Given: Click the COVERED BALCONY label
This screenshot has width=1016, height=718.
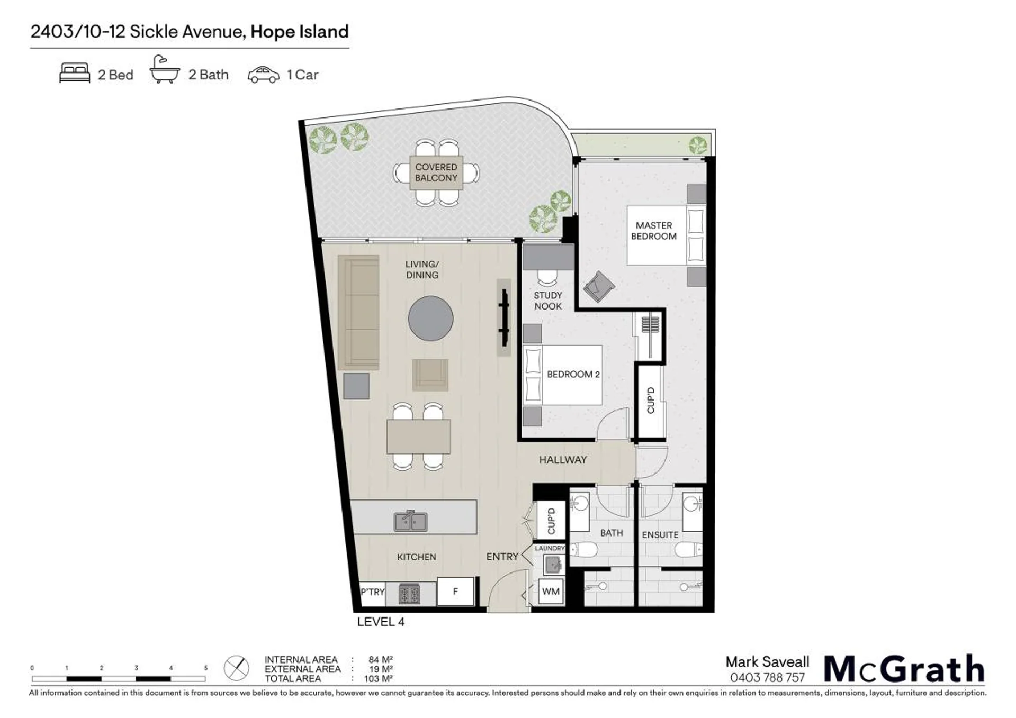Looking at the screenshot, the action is (436, 172).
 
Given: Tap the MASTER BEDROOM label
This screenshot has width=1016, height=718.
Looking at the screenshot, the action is (653, 231).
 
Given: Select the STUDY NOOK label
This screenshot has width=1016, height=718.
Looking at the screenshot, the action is (547, 301).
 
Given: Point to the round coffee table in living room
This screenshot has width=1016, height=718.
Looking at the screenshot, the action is (430, 319).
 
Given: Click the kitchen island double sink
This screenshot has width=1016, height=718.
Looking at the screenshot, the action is (411, 522).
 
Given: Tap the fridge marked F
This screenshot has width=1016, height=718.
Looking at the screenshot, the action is (455, 591).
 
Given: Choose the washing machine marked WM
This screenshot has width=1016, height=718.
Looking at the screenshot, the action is (551, 592).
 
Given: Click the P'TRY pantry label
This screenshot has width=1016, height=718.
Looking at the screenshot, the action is (373, 592).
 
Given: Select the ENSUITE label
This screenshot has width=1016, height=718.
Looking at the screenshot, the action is (660, 535).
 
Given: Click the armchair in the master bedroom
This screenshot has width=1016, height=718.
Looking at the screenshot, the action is (599, 286).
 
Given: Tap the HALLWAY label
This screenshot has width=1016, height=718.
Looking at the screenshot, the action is (563, 460).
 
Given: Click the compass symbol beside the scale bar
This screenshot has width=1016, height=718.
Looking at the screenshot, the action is (236, 668).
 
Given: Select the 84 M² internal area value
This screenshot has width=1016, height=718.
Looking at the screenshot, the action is (381, 660).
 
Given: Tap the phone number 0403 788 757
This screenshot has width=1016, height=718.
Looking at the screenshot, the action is (767, 678).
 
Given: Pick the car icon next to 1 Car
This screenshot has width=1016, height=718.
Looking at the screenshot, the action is (263, 75).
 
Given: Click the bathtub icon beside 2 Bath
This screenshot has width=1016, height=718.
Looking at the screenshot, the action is (165, 69).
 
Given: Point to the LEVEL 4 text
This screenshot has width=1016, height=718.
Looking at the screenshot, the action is (381, 622).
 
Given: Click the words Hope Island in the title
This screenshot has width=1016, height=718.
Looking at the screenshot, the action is (300, 32).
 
